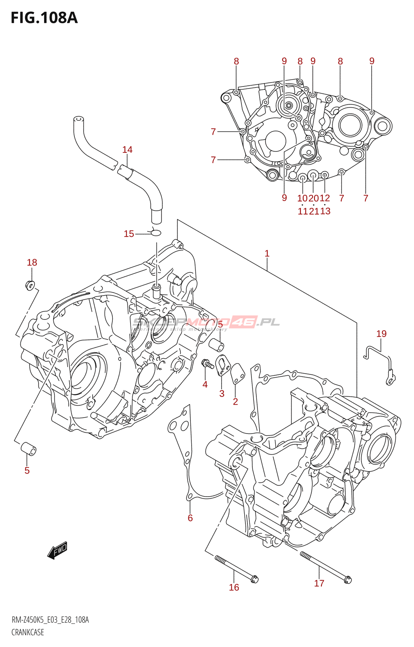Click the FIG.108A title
pos(44,18)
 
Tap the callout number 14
pos(127,150)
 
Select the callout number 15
pos(129,234)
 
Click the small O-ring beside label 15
pos(156,233)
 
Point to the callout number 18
pos(32,262)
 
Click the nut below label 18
pos(30,285)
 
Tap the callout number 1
pos(267,254)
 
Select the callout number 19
pos(381,334)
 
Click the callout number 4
pos(205,385)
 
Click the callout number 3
pos(222,393)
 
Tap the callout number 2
pos(235,402)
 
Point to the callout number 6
pos(190,518)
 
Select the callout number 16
pos(234,587)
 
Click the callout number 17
pos(319,583)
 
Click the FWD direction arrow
pos(57,550)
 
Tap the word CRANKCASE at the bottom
pos(27,632)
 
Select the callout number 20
pos(314,198)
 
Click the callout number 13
pos(325,211)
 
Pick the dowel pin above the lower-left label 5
pos(28,448)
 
